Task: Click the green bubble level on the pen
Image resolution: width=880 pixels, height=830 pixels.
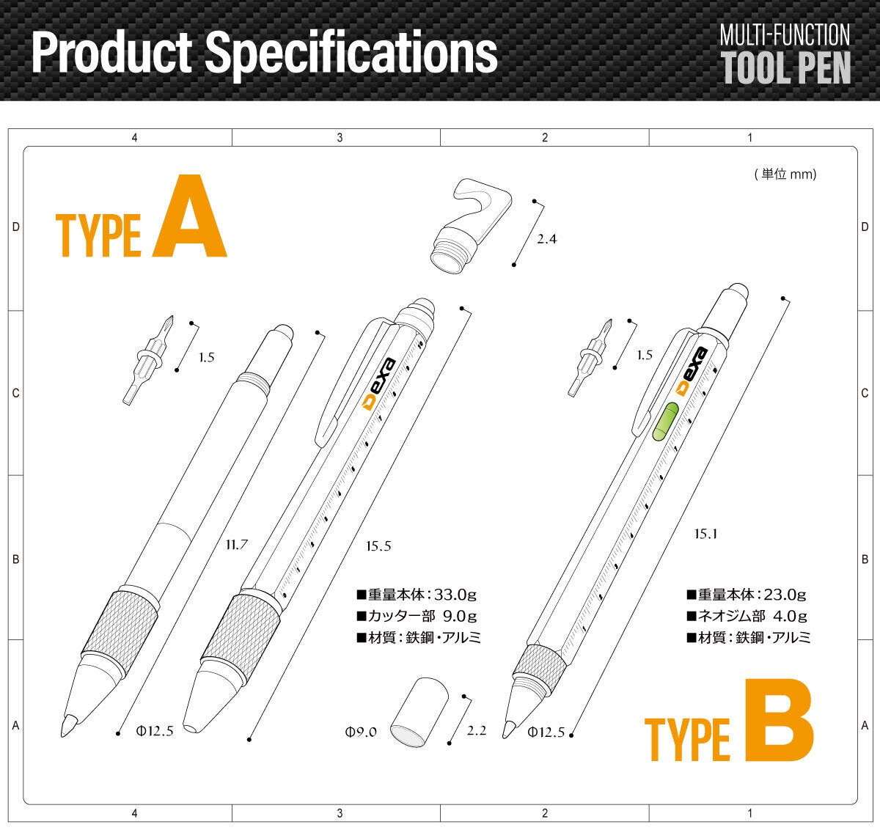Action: click(666, 421)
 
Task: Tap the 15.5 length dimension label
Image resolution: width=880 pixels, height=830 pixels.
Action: click(378, 546)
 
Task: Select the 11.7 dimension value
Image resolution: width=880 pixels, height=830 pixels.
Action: click(237, 545)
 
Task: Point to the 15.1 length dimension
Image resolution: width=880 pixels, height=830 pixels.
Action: click(705, 534)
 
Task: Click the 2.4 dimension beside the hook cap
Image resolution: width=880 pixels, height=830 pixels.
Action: click(547, 239)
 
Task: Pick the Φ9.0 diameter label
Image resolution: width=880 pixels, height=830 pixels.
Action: click(361, 732)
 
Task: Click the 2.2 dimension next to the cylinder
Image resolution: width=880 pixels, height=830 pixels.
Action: click(477, 730)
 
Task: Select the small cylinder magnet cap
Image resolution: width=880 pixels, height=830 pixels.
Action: click(419, 713)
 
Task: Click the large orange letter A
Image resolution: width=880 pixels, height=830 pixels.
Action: click(190, 216)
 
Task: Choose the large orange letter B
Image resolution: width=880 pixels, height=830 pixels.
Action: click(779, 720)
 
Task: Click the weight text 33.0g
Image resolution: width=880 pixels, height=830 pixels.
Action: click(455, 595)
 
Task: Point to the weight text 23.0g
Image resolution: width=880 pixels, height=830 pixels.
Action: click(785, 595)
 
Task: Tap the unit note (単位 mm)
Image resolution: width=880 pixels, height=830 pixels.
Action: click(785, 175)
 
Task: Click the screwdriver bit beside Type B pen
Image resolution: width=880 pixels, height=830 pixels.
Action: click(590, 358)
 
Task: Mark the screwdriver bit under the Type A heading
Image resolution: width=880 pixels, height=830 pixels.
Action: click(148, 360)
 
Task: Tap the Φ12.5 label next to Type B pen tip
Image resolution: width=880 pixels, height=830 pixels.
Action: click(546, 732)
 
